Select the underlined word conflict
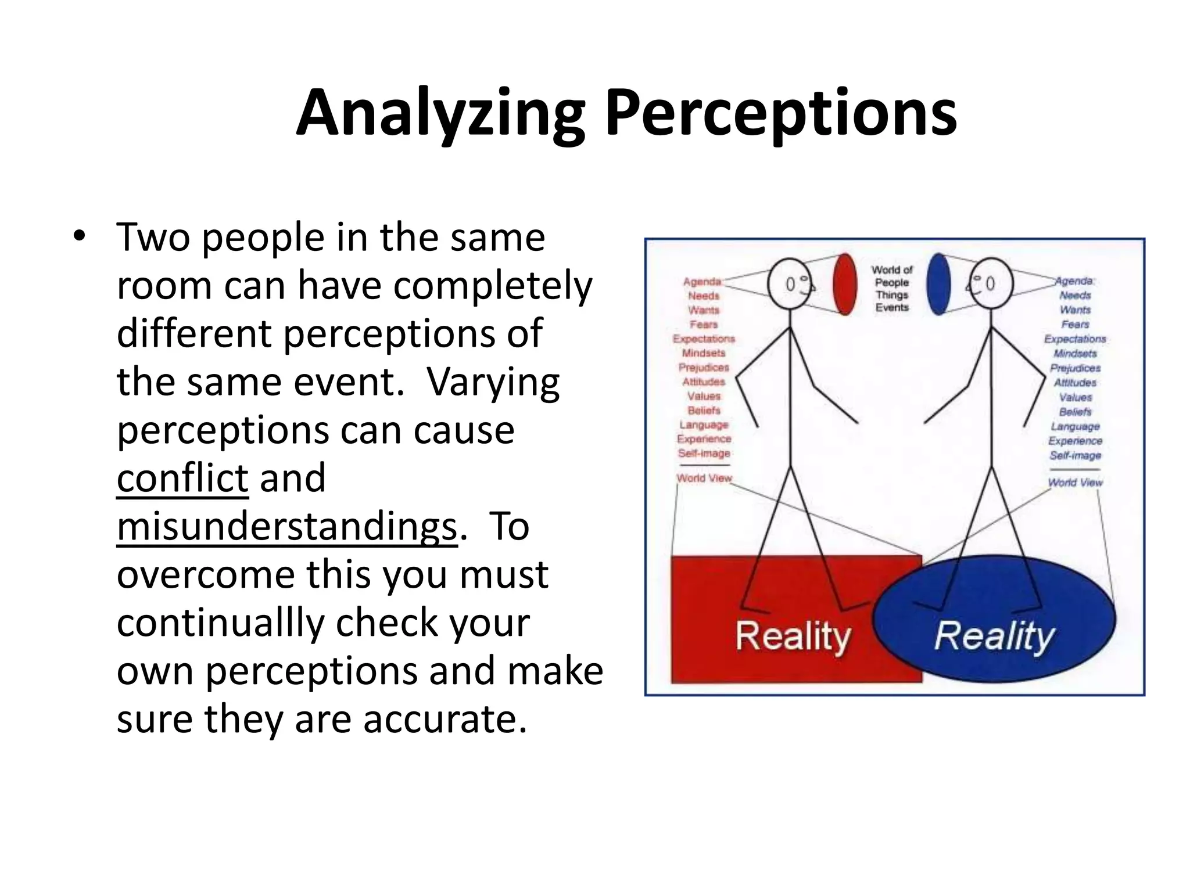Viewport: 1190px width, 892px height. coord(182,478)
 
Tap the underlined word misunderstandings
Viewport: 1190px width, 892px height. coord(287,527)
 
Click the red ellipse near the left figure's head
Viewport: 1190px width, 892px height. coord(845,284)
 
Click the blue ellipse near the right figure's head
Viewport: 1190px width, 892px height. coord(938,284)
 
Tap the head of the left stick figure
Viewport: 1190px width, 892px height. coord(790,284)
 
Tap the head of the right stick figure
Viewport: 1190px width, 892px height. coord(991,284)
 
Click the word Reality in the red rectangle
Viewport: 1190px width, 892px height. coord(793,637)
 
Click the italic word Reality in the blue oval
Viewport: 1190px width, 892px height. coord(994,637)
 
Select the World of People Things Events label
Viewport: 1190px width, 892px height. coord(892,289)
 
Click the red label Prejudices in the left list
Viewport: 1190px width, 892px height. coord(704,368)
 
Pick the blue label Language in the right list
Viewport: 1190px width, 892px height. coord(1075,426)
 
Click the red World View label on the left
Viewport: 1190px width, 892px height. coord(704,478)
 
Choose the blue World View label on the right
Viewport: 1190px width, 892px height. coord(1075,482)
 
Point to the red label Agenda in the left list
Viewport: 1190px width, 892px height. coord(702,282)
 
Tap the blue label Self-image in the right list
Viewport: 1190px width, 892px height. coord(1075,455)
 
